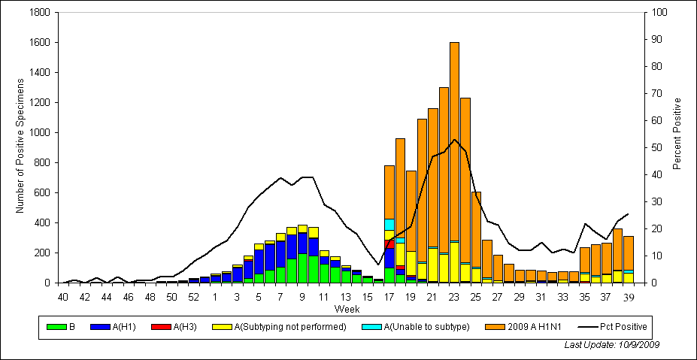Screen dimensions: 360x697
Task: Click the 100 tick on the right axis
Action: click(x=659, y=13)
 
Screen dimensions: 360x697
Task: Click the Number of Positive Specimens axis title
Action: click(x=20, y=148)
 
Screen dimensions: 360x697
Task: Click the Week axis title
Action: click(x=346, y=309)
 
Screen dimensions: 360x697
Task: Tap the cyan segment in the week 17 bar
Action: click(x=389, y=225)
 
